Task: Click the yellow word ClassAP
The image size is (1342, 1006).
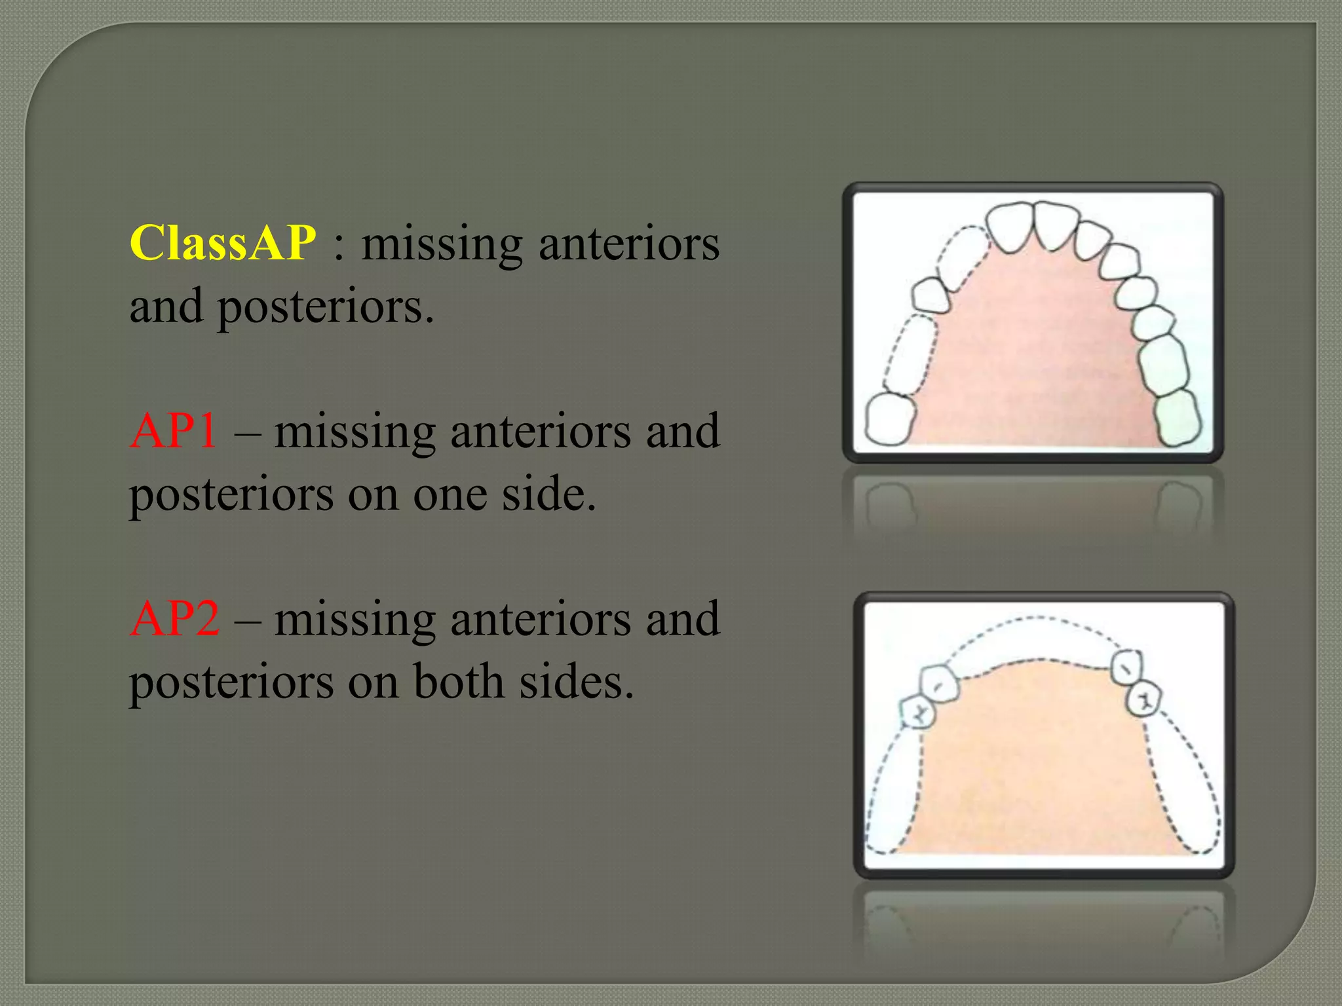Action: pos(223,243)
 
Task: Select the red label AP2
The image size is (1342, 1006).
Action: pos(174,618)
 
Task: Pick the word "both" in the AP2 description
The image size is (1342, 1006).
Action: pos(459,681)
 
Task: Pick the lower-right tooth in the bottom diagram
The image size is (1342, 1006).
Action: pos(1143,699)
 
